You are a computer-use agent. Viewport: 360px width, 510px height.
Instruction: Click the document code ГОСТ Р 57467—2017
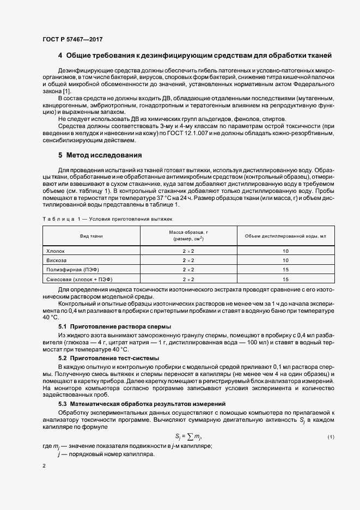coord(72,40)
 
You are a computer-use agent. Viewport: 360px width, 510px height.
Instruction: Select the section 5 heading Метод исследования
coord(100,155)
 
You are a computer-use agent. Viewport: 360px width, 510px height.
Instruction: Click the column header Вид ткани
coord(91,235)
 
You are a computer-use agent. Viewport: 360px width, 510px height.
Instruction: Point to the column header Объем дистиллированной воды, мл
coord(285,235)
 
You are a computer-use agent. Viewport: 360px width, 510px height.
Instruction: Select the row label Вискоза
coord(56,260)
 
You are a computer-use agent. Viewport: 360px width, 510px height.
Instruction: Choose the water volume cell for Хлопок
coord(285,251)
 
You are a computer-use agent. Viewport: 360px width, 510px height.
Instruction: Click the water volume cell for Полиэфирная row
coord(285,270)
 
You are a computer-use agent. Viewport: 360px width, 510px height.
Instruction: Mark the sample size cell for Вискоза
coord(188,260)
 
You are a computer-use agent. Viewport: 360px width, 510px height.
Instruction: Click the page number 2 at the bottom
coord(44,466)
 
